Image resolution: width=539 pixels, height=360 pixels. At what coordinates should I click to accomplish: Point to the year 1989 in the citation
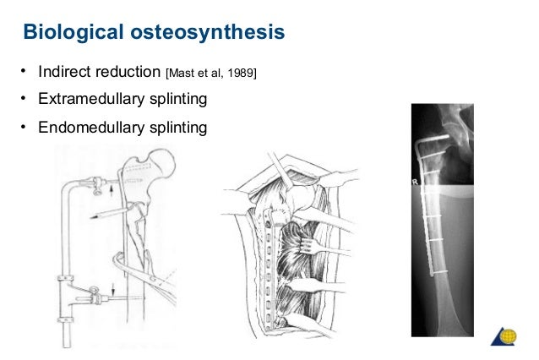(x=240, y=72)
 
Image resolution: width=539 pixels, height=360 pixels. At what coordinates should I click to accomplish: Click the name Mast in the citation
(x=186, y=72)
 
